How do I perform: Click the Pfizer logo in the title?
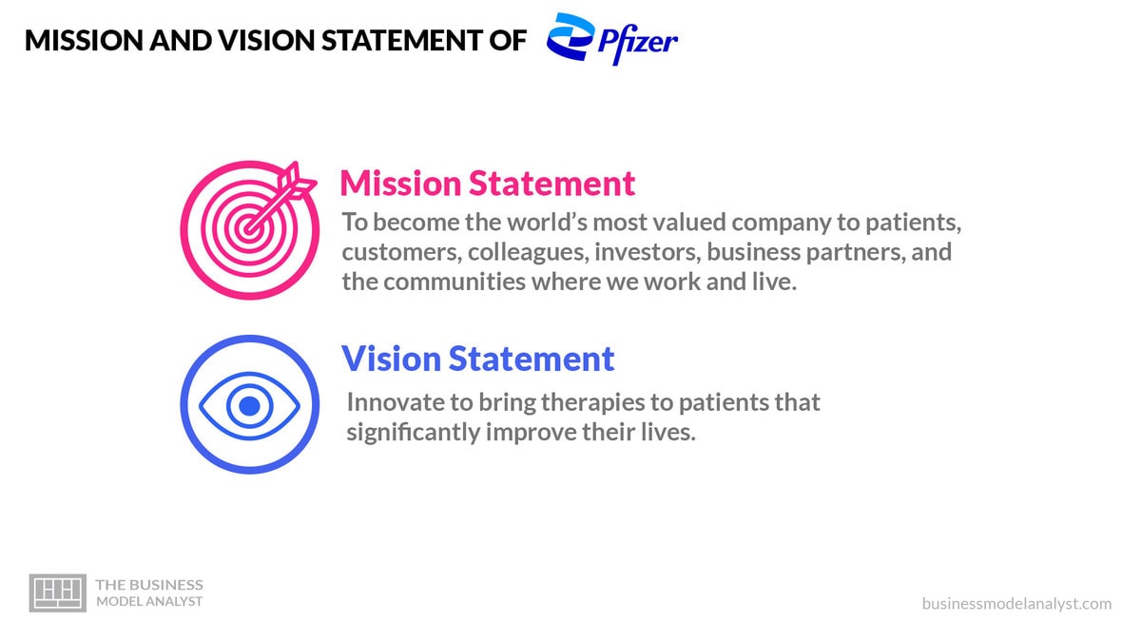612,40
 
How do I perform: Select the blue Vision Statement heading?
477,359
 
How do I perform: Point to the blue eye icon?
249,405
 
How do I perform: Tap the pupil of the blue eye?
249,406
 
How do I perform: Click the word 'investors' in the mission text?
646,253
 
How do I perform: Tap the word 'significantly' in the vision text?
413,433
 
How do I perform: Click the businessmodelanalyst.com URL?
1015,603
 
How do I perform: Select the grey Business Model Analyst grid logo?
58,593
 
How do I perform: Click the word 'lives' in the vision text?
671,433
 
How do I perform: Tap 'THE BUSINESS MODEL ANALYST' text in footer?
149,593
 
